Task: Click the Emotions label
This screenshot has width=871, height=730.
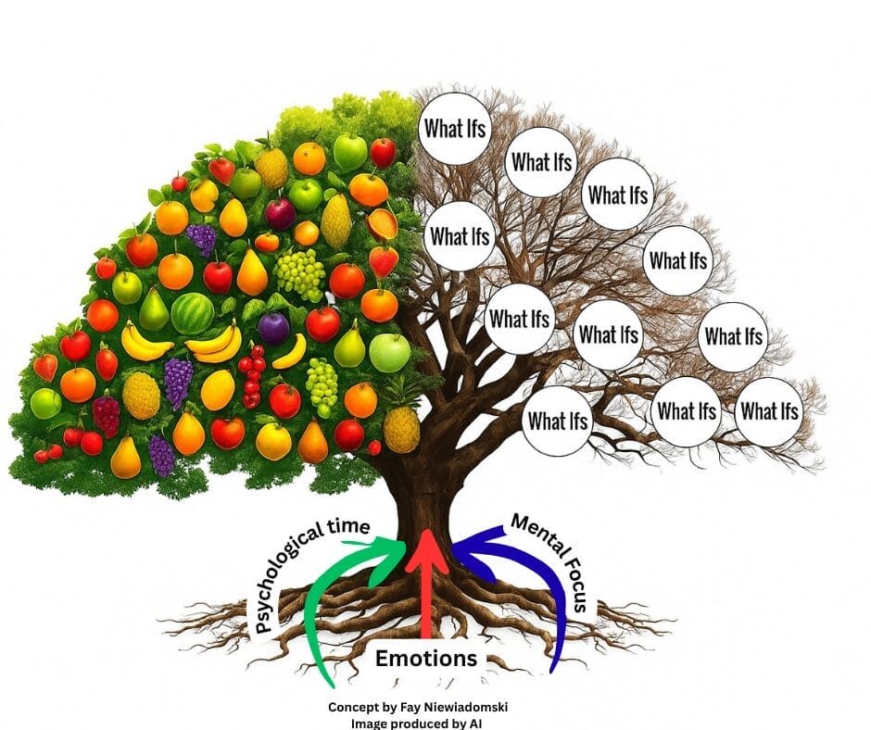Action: pyautogui.click(x=426, y=659)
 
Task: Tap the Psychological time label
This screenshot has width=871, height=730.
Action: pyautogui.click(x=305, y=573)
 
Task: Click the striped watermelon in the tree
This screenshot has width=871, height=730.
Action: pyautogui.click(x=193, y=313)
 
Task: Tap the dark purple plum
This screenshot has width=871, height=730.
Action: pyautogui.click(x=274, y=328)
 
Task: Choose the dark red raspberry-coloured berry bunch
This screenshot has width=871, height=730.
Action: pyautogui.click(x=107, y=415)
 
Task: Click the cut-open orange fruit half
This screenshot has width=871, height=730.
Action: pyautogui.click(x=382, y=223)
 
